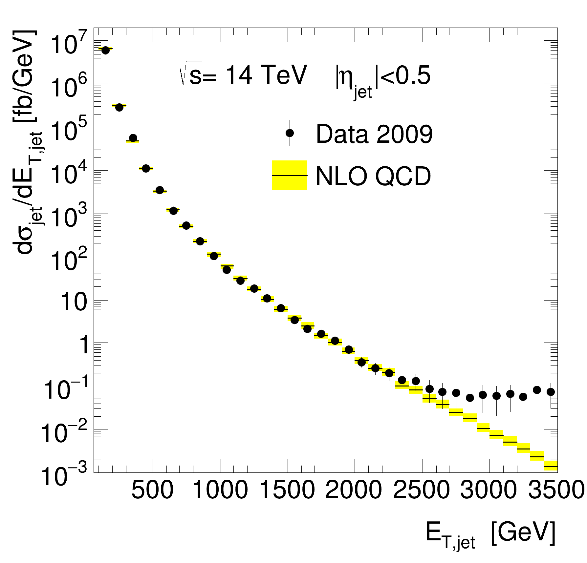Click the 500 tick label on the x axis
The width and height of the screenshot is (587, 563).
tap(152, 491)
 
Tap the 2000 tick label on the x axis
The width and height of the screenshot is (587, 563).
tap(354, 491)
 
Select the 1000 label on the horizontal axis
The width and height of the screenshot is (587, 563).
tap(220, 491)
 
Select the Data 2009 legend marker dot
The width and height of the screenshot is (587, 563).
tap(290, 133)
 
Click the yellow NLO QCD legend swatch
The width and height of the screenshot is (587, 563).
tap(289, 175)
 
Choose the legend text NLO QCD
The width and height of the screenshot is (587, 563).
tap(373, 177)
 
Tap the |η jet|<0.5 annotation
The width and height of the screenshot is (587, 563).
tap(382, 79)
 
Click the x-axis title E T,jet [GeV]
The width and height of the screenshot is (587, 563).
tap(490, 534)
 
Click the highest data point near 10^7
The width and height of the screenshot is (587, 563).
tap(105, 50)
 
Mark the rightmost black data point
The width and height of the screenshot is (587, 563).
tap(551, 392)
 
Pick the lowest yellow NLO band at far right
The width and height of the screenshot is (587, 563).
tap(551, 466)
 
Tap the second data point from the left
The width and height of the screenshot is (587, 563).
tap(119, 107)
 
